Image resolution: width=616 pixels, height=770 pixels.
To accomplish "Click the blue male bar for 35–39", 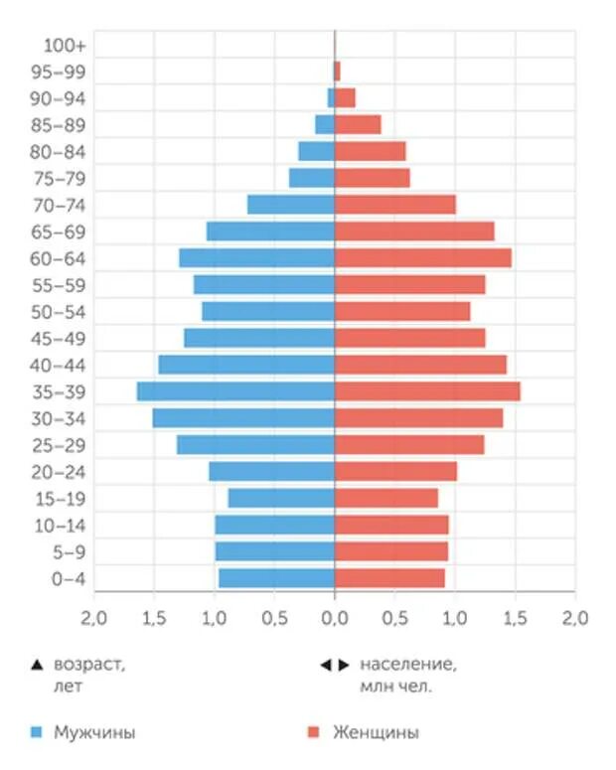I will coord(235,391).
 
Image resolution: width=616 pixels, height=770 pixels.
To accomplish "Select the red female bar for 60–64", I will coord(422,257).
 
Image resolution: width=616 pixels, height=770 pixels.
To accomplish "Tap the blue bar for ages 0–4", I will coord(276,578).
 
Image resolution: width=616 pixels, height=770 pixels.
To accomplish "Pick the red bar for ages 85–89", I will coord(358,124).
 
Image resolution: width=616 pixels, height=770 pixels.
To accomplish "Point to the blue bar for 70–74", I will coord(290,204).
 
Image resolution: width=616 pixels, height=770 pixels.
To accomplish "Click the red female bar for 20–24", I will coord(395,471).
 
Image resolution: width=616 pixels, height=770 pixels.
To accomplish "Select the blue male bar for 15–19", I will coord(281,498).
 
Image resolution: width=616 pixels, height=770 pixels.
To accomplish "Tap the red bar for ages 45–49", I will coord(409,338).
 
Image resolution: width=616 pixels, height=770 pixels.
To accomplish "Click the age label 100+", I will coord(66,45).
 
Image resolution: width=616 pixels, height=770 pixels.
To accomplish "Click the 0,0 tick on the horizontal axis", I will coord(335,618).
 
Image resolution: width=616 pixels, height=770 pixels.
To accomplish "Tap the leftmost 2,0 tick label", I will coord(94,618).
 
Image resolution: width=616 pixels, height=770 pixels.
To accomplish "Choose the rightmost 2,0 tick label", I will coord(575,618).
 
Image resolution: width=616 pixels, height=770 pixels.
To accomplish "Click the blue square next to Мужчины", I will coord(37,733).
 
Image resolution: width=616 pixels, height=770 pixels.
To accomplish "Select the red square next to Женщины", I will coord(313,733).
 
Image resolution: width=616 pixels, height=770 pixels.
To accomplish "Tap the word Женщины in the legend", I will coord(376,733).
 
